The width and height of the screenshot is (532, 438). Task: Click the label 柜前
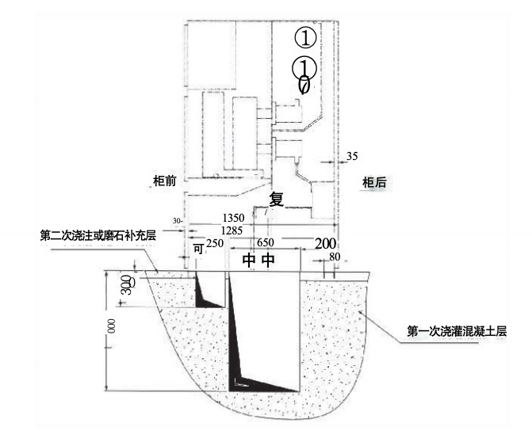pyautogui.click(x=163, y=181)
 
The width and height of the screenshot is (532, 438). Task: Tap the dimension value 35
pyautogui.click(x=352, y=157)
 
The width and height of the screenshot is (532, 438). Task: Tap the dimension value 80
pyautogui.click(x=334, y=256)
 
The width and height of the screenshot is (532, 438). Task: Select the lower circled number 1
pyautogui.click(x=304, y=67)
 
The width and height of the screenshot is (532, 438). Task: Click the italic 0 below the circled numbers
pyautogui.click(x=304, y=84)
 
